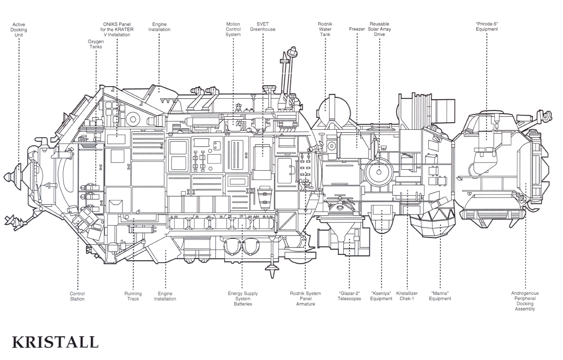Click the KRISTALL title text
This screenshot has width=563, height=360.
[x=55, y=342]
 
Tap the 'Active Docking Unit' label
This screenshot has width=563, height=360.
[x=18, y=30]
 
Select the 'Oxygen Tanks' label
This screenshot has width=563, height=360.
[x=96, y=44]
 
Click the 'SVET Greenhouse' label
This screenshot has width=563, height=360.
[x=263, y=27]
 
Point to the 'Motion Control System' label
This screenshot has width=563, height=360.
[x=233, y=30]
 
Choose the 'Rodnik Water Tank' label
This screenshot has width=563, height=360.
[x=325, y=30]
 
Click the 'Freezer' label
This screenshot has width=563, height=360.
[x=357, y=29]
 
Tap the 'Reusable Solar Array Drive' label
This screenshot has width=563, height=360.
[x=380, y=30]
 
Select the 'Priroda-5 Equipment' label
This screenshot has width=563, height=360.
[x=487, y=27]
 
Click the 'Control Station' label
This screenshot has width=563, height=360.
[x=77, y=296]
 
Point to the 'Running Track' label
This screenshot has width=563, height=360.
[x=133, y=296]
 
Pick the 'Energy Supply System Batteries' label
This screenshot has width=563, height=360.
[x=243, y=299]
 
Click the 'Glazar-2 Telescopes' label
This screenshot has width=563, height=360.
[x=350, y=296]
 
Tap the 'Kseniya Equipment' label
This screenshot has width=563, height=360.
[x=381, y=296]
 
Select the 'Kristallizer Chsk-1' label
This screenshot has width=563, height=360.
[x=407, y=296]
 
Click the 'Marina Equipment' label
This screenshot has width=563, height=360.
[x=440, y=296]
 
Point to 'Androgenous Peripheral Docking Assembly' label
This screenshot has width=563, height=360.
[x=525, y=302]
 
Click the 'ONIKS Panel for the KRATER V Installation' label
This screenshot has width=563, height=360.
[x=117, y=30]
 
